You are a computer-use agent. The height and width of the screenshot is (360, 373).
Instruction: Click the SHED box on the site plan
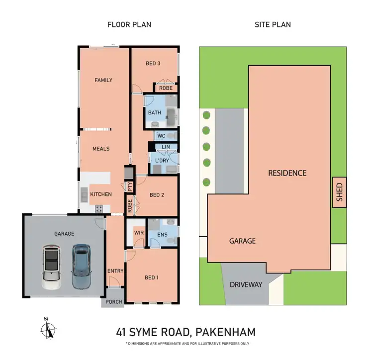[x=340, y=193]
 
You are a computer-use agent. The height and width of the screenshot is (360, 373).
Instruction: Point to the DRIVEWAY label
[x=246, y=285]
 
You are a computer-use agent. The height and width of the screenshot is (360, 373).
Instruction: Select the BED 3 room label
[x=153, y=64]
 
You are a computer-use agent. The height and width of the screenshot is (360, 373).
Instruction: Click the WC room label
[x=161, y=136]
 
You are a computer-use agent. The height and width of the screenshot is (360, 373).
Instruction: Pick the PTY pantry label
[x=130, y=187]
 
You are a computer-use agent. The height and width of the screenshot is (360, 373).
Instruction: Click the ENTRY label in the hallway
[x=115, y=271]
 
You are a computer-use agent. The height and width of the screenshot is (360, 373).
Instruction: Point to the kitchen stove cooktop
[x=98, y=208]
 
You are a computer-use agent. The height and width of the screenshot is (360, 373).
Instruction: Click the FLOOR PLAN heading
[x=129, y=24]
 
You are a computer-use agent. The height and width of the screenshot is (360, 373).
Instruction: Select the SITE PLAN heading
[x=273, y=24]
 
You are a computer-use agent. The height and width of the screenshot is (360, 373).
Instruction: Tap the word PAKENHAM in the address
[x=226, y=332]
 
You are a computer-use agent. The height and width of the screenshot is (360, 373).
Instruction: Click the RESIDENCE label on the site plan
[x=287, y=173]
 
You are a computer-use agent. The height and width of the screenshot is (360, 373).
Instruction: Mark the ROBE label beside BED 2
[x=130, y=206]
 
